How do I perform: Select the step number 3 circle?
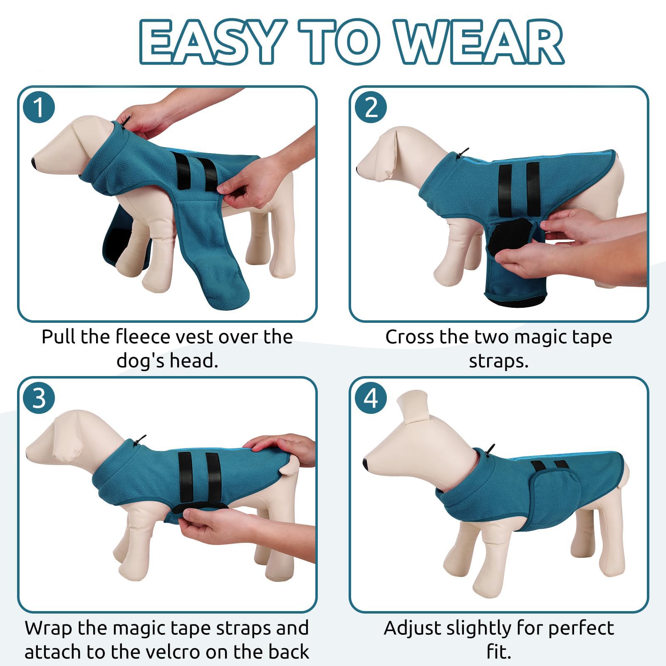(39, 398)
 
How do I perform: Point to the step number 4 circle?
(371, 398)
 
